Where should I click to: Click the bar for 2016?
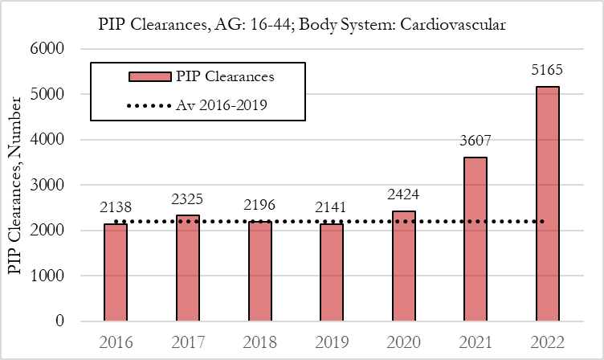(x=116, y=272)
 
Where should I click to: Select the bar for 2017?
(x=187, y=268)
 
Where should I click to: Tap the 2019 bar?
(x=331, y=272)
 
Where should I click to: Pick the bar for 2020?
(x=402, y=266)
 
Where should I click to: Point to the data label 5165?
(x=546, y=70)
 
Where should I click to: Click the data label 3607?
(x=475, y=141)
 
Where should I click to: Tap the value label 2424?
(x=402, y=194)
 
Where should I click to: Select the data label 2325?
(x=187, y=198)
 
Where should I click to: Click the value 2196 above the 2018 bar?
(x=259, y=204)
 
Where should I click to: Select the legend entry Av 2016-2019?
(x=221, y=104)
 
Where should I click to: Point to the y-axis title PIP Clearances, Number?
(x=15, y=185)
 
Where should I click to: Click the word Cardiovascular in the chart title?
(x=454, y=25)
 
